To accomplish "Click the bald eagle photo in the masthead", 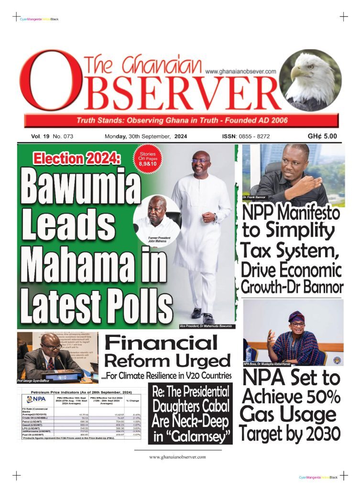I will click(x=310, y=80).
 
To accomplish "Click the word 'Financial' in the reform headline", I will click(x=160, y=343).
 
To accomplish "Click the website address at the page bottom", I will click(x=177, y=457).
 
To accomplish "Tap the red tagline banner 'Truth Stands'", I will click(x=182, y=120).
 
